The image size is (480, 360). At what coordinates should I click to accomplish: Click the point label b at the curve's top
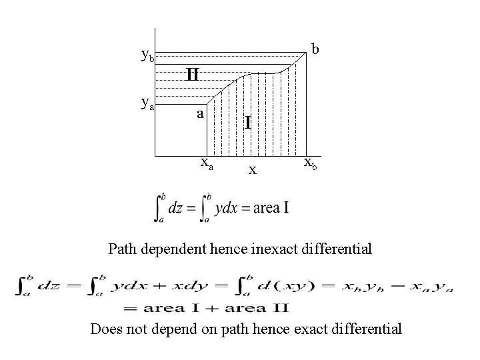(x=315, y=49)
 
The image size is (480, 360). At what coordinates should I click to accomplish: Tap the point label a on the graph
(x=199, y=113)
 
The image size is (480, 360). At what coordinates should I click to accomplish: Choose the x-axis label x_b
(x=311, y=162)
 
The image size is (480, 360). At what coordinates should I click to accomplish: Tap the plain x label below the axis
(x=252, y=169)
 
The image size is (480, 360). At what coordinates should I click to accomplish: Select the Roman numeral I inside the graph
(x=247, y=123)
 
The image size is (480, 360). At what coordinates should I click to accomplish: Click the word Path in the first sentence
(x=121, y=250)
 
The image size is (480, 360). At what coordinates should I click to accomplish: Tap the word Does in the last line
(x=105, y=328)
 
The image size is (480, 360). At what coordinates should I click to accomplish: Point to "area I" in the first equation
(x=265, y=207)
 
